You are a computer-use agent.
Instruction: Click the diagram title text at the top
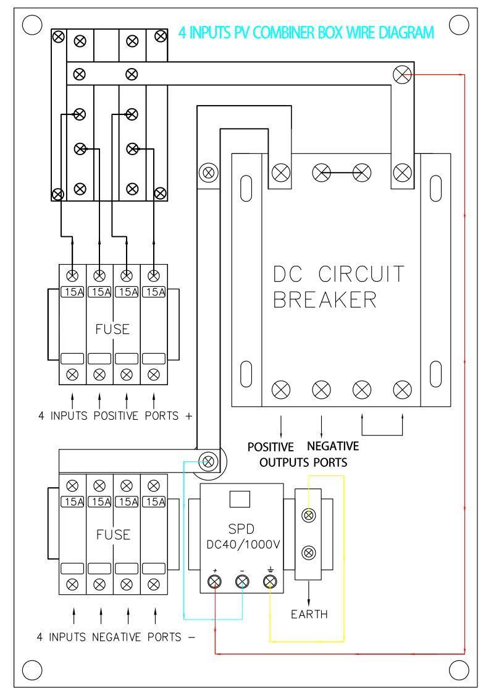coord(306,32)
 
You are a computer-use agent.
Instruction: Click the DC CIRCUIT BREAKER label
coord(338,287)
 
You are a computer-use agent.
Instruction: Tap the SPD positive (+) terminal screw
coord(214,581)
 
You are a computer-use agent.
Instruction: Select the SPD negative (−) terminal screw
coord(242,581)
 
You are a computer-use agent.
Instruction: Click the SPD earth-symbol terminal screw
coord(270,581)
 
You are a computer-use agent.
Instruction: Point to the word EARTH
coord(309,615)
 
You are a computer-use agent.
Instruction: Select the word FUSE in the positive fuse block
coord(112,330)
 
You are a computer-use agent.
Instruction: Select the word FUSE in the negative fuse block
coord(112,534)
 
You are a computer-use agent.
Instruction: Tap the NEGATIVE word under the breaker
coord(333,446)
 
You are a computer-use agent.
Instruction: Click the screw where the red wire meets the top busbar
coord(401,75)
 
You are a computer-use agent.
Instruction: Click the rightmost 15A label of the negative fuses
coord(153,501)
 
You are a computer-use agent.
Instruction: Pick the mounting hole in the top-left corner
coord(31,25)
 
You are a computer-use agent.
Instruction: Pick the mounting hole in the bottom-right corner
coord(459,669)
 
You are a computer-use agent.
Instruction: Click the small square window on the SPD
coord(238,498)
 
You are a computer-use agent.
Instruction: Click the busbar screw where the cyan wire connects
coord(209,461)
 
